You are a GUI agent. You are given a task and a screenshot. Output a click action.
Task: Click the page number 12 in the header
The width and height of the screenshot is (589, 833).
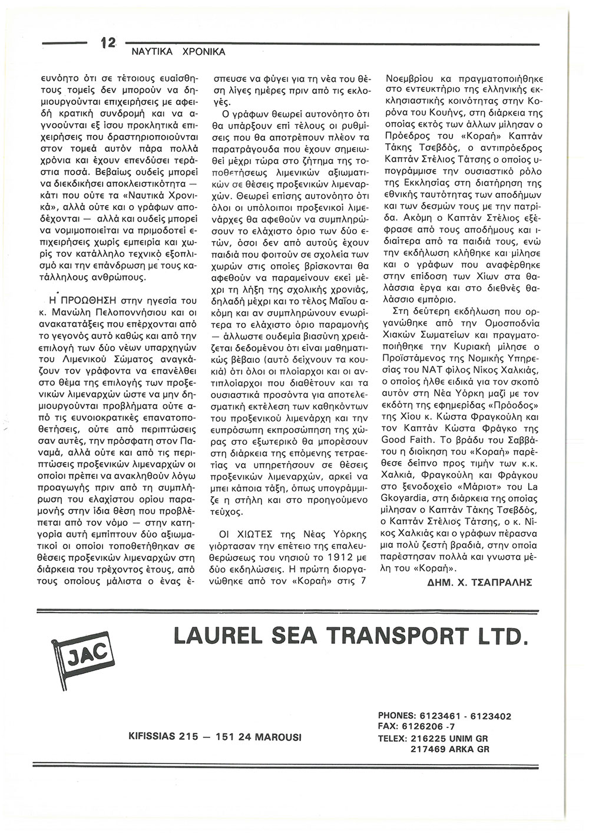pos(107,43)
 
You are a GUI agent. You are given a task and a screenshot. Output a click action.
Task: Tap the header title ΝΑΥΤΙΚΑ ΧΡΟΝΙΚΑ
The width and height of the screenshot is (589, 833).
pos(174,52)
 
